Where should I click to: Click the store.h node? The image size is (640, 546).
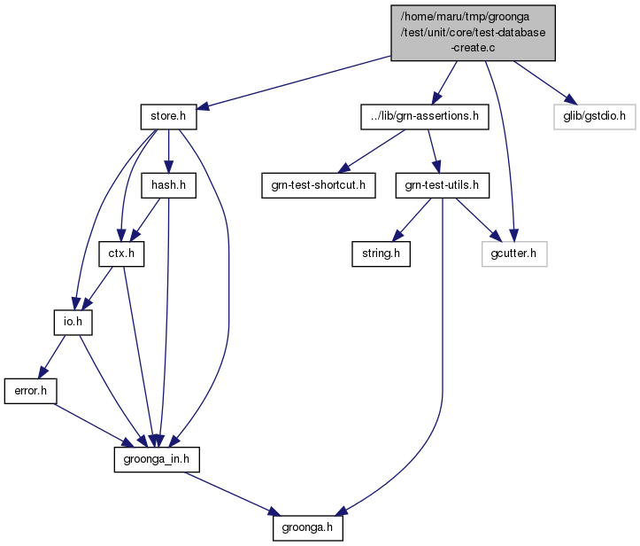click(x=168, y=117)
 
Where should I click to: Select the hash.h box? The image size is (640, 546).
click(x=168, y=185)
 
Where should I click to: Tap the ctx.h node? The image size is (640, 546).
click(x=121, y=253)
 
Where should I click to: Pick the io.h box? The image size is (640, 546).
click(x=73, y=323)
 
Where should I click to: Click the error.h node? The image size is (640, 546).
click(x=31, y=391)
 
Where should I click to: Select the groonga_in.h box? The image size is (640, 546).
click(x=157, y=459)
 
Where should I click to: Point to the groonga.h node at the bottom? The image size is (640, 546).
click(x=308, y=527)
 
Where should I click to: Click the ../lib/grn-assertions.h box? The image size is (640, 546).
click(x=425, y=117)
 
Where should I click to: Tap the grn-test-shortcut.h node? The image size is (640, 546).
click(x=319, y=185)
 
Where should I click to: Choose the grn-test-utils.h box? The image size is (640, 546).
click(x=442, y=185)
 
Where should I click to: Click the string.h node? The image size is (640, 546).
click(x=381, y=253)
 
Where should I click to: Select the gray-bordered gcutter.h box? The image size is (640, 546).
click(x=514, y=253)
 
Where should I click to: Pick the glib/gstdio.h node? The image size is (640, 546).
click(x=595, y=117)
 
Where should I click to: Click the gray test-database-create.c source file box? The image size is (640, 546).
click(x=473, y=33)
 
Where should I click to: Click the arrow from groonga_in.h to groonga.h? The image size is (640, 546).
click(x=233, y=494)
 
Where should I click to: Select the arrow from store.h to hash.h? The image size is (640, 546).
click(x=168, y=152)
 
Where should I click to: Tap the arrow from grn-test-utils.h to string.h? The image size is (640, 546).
click(x=412, y=220)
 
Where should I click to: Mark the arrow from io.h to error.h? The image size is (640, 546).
click(x=51, y=357)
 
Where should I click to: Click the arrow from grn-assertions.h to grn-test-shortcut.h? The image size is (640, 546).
click(x=372, y=152)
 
